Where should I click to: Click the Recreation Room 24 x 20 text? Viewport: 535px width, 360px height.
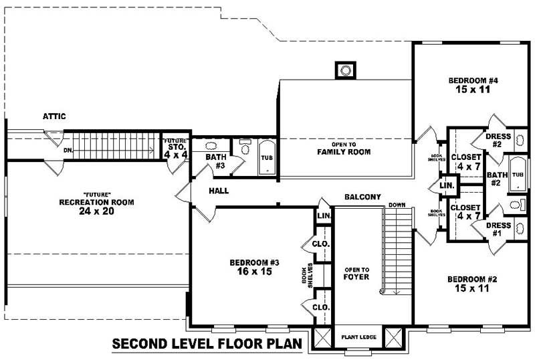coord(96,206)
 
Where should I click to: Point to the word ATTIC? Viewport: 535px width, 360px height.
coord(54,116)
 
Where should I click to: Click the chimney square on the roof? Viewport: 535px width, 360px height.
coord(345,70)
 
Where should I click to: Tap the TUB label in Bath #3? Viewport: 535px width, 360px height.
coord(266,158)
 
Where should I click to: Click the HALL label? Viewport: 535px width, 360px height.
coord(218,191)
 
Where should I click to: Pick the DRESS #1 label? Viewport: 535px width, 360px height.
coord(502,230)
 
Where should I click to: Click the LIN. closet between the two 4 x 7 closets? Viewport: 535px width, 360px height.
coord(447,184)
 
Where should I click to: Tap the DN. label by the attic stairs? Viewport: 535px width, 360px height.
coord(68,151)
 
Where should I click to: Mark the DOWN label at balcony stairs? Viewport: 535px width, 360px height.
coord(396,205)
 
